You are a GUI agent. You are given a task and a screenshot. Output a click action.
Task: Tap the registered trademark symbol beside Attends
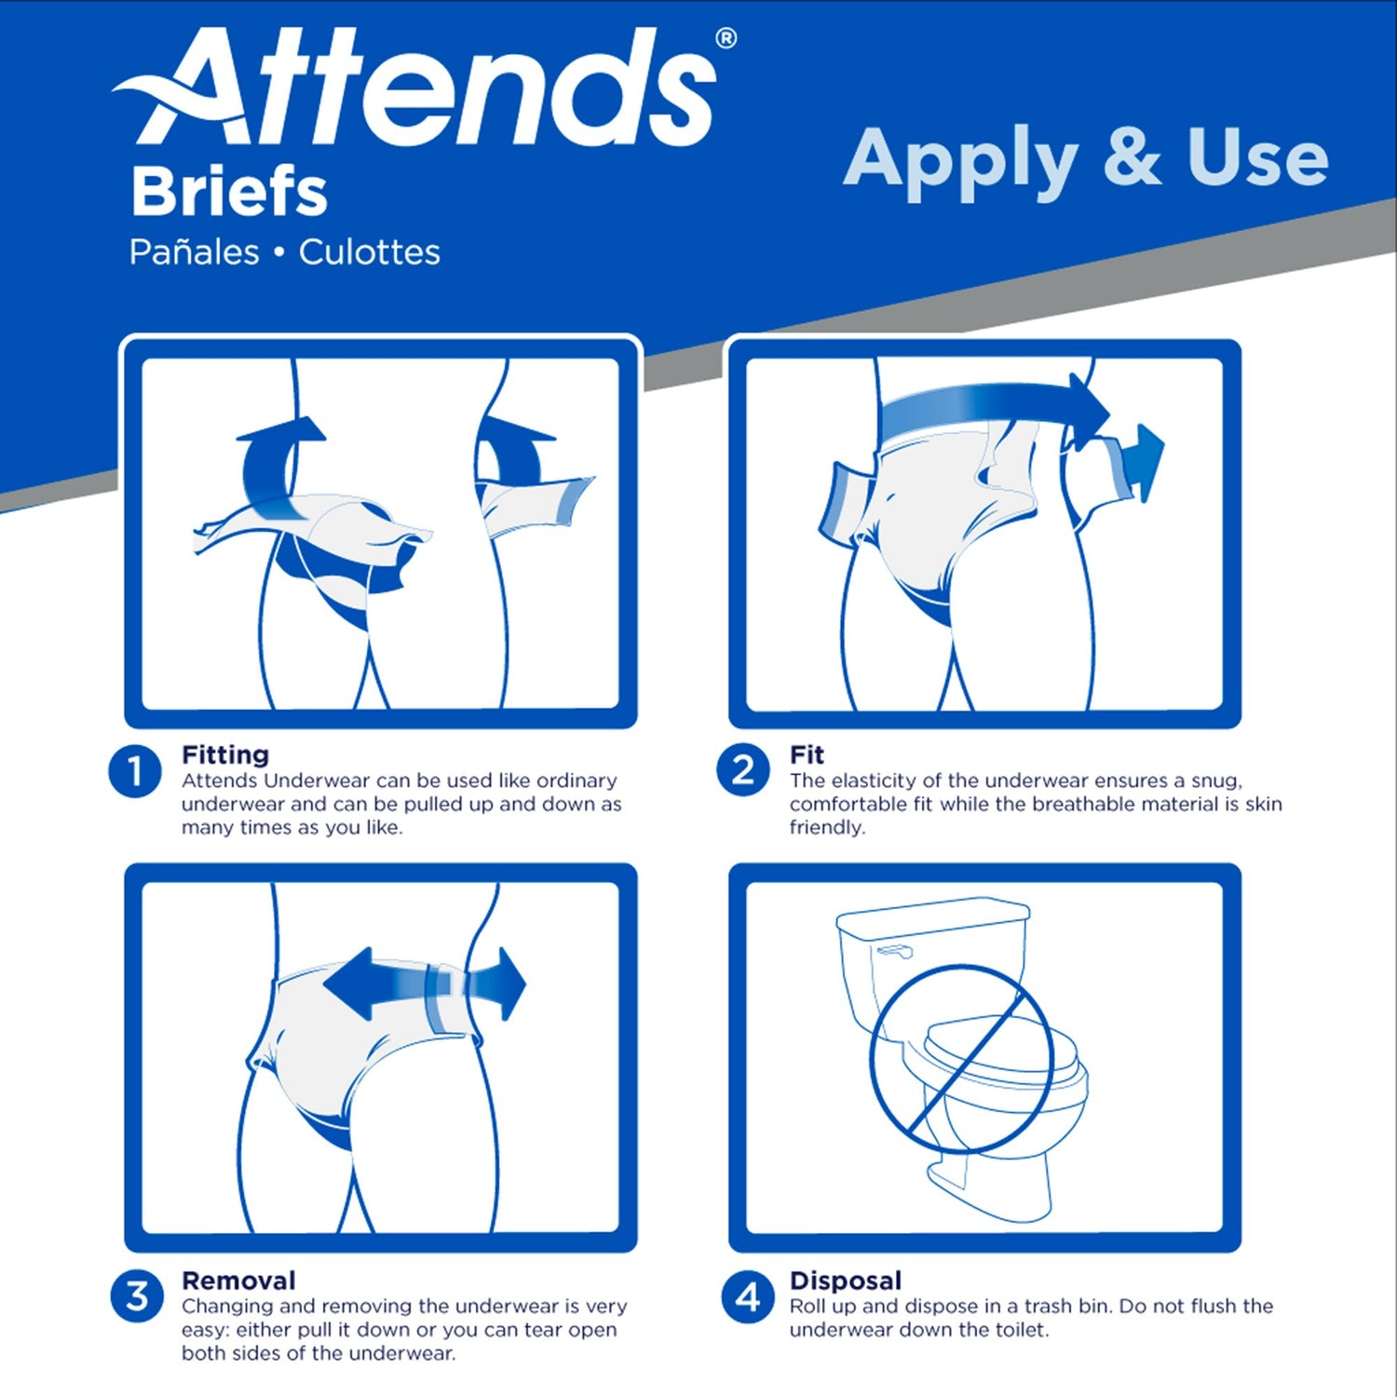click(726, 38)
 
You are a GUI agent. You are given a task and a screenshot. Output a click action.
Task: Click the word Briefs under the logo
click(229, 192)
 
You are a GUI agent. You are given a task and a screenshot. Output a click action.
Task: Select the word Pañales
click(194, 252)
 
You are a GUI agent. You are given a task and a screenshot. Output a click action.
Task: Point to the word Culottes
click(370, 252)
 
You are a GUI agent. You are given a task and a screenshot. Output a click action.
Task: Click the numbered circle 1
click(135, 772)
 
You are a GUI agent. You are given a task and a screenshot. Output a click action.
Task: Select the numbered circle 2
click(742, 771)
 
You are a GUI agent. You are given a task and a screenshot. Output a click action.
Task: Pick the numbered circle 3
click(137, 1295)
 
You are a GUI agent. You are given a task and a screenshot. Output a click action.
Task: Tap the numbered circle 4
click(747, 1296)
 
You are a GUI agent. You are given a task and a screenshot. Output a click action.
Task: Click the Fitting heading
click(225, 754)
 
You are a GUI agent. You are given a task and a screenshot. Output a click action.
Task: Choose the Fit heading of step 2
click(807, 754)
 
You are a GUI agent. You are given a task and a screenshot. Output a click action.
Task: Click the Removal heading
click(238, 1281)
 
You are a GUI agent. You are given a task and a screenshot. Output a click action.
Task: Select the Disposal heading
click(846, 1281)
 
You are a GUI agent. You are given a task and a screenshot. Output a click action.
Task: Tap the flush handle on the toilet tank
click(895, 952)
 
